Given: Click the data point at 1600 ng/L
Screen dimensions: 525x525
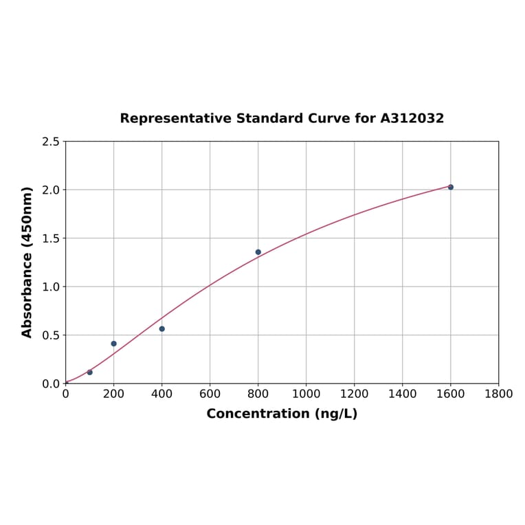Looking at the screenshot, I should point(451,187).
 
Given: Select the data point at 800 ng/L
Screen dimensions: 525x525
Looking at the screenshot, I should point(258,252).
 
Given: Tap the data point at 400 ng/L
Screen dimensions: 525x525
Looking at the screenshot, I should point(162,328).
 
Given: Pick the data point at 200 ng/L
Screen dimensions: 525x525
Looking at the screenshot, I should point(114,344).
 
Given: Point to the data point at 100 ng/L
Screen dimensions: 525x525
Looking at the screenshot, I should point(90,372).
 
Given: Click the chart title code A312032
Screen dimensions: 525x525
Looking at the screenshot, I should point(412,118).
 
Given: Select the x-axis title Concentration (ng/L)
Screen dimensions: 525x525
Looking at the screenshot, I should point(282,414).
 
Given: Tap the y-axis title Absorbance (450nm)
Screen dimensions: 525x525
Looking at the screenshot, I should point(27,262).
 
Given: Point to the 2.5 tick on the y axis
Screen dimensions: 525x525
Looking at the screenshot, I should point(51,142).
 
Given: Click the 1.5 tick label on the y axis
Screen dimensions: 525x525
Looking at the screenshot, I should point(51,238).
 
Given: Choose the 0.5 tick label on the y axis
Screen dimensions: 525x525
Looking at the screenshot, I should point(51,335).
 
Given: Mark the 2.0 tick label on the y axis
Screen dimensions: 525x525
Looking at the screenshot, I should point(51,190).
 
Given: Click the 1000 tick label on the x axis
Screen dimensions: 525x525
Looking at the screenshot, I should point(306,394).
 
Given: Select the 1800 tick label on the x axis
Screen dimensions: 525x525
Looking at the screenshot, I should point(499,394).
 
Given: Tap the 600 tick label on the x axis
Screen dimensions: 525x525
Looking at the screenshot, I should point(210,394).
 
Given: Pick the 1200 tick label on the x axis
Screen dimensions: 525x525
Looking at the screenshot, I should point(355,394).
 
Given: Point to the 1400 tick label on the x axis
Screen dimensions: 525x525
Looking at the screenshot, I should point(403,394).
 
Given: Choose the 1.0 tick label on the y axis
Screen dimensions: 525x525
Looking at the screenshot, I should point(51,287).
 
